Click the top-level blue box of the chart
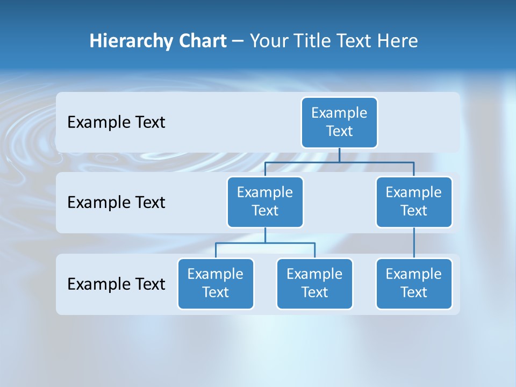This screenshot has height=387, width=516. [339, 122]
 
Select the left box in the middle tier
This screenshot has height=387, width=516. [265, 202]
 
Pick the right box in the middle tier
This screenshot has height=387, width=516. [414, 202]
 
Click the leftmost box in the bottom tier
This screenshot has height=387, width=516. [216, 283]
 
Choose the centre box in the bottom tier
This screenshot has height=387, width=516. [314, 283]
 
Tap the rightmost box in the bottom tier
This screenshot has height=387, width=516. [414, 283]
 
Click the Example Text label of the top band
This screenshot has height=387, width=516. [116, 123]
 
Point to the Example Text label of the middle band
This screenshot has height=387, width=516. [116, 203]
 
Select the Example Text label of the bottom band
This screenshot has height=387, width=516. [116, 284]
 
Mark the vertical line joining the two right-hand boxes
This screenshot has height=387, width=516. [414, 243]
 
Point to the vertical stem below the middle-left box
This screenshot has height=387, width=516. [265, 235]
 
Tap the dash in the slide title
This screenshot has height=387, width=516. [238, 41]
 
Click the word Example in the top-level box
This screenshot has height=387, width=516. [339, 113]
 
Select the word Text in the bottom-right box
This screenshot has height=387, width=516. [414, 292]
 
